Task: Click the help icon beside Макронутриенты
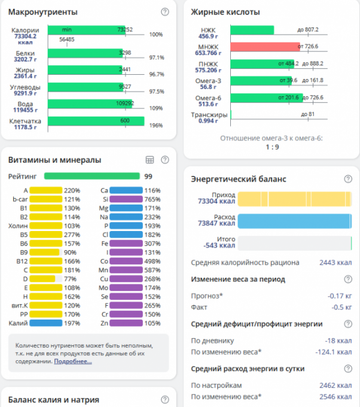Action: coord(165,12)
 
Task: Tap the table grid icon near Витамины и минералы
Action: coord(150,160)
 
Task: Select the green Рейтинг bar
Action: coord(91,177)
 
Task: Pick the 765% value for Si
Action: coord(152,199)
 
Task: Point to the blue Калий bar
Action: coord(46,323)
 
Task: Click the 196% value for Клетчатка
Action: coord(156,125)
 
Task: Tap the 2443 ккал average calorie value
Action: coord(335,263)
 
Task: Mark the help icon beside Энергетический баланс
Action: coord(348,179)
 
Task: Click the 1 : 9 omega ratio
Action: coord(272,147)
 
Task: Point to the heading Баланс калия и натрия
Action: coord(54,399)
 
